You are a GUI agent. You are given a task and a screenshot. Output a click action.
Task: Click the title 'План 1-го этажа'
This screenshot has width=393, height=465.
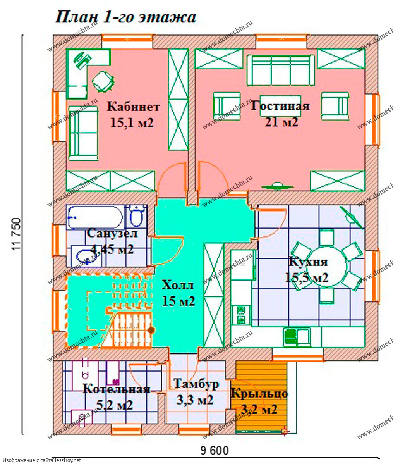tap(125, 17)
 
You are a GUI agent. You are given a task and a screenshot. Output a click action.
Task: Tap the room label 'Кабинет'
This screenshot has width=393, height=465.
tap(133, 107)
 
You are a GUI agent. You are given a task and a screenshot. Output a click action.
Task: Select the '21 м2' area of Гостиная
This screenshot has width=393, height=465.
tap(281, 122)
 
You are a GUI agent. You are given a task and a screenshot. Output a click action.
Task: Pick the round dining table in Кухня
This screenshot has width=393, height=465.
tap(326, 267)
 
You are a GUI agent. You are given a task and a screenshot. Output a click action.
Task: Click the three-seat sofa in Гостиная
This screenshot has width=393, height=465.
tap(281, 71)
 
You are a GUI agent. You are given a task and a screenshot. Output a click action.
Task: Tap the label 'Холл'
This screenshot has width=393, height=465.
tap(178, 285)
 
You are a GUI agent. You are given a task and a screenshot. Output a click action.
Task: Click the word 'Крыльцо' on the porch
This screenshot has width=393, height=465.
tap(259, 393)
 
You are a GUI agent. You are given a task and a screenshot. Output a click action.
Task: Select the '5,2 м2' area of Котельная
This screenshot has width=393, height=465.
tap(115, 405)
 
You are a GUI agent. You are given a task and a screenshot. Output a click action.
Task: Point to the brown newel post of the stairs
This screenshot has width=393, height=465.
tap(151, 330)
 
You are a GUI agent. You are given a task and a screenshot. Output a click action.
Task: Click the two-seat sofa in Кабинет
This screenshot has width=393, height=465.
tap(83, 133)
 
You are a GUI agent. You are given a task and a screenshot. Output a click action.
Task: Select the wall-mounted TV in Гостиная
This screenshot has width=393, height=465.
tap(278, 186)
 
